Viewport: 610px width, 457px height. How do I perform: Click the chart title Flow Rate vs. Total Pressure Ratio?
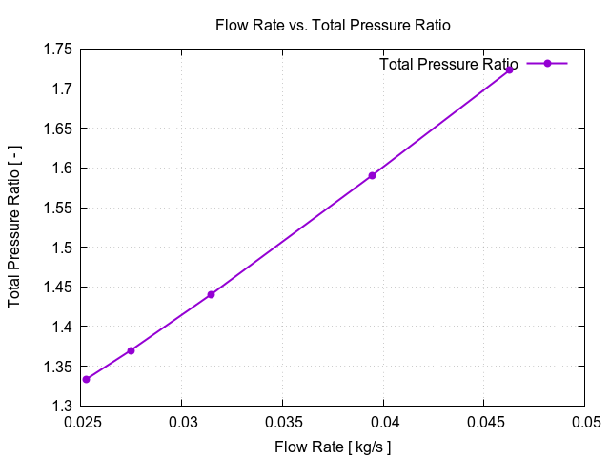332,25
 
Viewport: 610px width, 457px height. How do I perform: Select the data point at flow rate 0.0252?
87,379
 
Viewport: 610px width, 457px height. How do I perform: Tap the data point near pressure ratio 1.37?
131,350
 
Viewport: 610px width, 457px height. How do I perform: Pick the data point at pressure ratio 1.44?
211,294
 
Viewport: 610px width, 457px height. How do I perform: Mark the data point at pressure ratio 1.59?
372,175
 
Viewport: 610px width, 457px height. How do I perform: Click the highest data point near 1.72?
509,70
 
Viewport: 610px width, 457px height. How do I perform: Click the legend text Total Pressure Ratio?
448,64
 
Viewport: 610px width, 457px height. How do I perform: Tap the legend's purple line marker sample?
547,64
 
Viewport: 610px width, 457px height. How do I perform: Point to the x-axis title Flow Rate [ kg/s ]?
333,447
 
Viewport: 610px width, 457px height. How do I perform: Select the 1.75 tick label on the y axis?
58,50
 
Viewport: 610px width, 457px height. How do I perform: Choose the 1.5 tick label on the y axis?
62,248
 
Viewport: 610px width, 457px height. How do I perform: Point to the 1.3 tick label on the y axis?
62,406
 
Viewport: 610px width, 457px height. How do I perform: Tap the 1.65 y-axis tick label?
58,129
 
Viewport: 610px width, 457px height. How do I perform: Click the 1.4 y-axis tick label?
62,327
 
